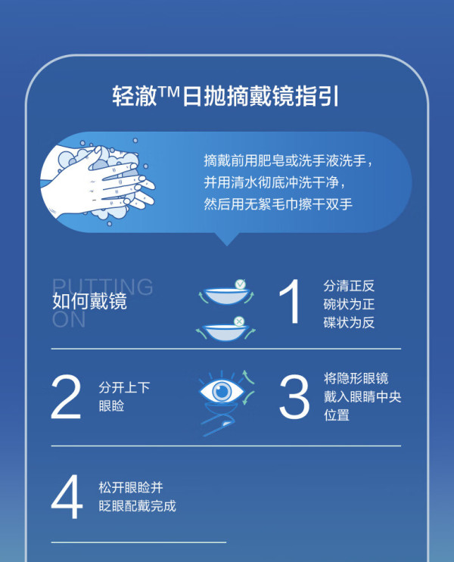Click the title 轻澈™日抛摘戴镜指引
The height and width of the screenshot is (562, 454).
point(225,96)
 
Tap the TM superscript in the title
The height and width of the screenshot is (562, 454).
point(168,92)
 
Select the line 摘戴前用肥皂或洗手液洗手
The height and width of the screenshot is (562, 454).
point(288,160)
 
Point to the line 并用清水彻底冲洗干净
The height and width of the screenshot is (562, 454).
point(275,182)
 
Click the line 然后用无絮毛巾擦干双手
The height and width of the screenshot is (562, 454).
point(278,204)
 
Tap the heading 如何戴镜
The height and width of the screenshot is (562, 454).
point(89,301)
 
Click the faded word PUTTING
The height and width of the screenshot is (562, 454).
point(103,287)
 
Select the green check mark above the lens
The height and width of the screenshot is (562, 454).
point(241,284)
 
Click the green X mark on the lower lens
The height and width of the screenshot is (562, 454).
point(239,321)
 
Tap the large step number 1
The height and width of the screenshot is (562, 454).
point(291,302)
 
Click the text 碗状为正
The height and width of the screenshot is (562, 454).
point(349,304)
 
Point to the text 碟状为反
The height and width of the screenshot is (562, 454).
point(349,322)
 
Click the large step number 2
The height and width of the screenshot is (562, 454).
point(66,397)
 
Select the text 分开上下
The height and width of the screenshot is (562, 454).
point(124,387)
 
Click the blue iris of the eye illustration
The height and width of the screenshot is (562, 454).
point(222,391)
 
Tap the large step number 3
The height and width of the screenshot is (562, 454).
point(294,397)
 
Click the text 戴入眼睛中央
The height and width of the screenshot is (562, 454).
point(362,397)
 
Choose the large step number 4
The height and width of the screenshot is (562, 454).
point(67,496)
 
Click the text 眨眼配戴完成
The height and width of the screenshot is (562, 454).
point(138,506)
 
